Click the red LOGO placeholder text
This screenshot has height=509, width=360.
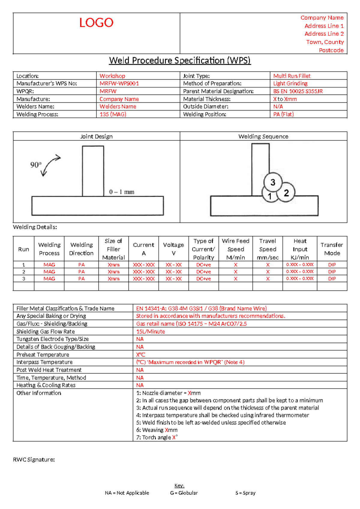coord(96,23)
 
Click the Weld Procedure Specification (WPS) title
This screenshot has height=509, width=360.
coord(180,61)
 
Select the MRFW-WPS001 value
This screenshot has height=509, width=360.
coord(119,83)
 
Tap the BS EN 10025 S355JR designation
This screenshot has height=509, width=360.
coord(298,91)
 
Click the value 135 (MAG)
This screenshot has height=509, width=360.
coord(113,114)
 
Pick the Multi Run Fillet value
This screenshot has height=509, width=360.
coord(292,76)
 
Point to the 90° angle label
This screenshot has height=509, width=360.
coord(36,165)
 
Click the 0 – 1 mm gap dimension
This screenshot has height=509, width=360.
coord(121,192)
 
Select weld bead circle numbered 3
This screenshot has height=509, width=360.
coord(273,182)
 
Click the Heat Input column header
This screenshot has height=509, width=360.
coord(300,249)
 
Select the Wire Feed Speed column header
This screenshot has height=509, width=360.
coord(235,249)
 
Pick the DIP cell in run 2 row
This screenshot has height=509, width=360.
coord(332,272)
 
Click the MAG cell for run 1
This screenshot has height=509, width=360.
coord(49,265)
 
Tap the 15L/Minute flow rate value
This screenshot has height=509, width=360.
coord(150,332)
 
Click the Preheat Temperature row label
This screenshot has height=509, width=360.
coord(43,354)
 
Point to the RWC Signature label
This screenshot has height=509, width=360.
coord(34,459)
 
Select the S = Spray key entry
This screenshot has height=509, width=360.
coord(245,493)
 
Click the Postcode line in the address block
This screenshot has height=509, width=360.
coord(331,50)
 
